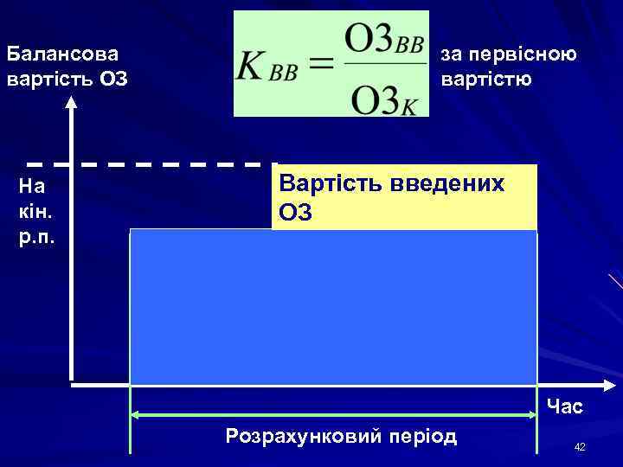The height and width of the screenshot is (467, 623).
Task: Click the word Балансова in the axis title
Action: (x=61, y=54)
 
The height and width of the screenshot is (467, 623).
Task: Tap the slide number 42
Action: (x=580, y=446)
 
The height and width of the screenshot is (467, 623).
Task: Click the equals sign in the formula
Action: (x=320, y=66)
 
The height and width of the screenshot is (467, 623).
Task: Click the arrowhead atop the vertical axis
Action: (x=72, y=104)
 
